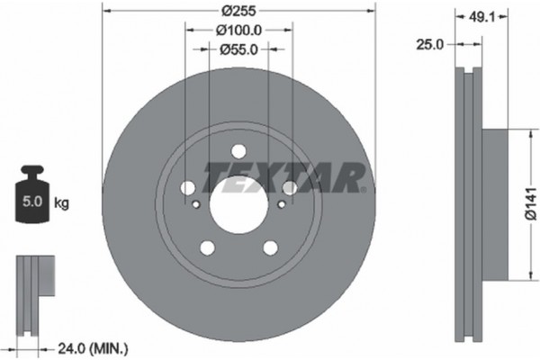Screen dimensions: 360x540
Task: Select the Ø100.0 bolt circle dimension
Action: point(238,31)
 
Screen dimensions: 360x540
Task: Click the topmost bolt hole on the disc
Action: point(238,152)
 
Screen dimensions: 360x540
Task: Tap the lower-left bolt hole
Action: point(206,248)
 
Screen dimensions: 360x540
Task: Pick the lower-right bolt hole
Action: point(269,248)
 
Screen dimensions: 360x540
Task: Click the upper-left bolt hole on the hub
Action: point(187,187)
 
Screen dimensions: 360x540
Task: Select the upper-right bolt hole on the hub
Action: point(289,187)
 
